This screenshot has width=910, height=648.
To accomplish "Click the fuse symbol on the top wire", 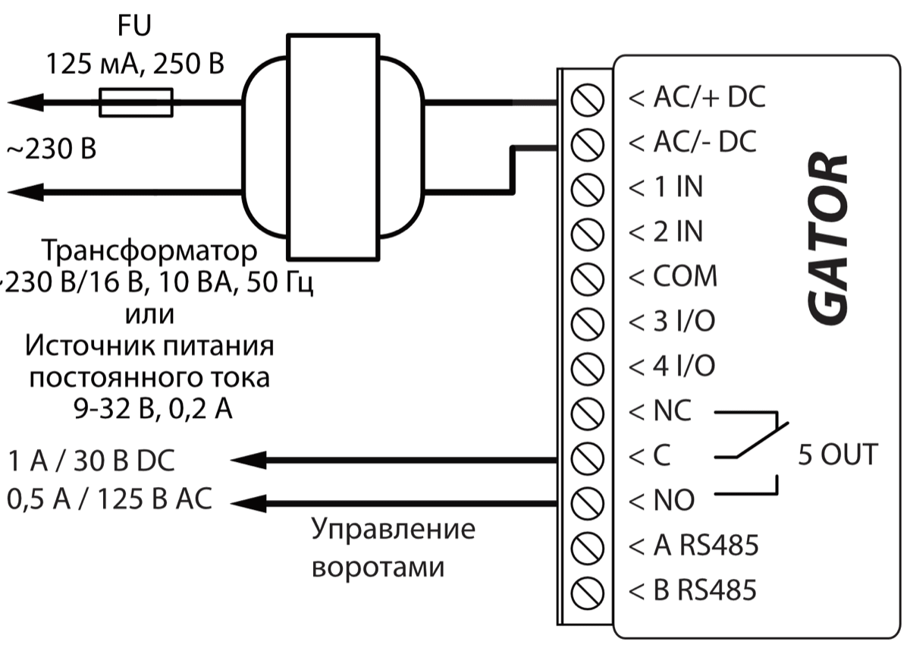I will [x=136, y=102].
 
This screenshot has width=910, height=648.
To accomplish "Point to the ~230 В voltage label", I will [x=52, y=149].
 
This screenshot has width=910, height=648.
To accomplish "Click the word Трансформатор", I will [x=150, y=250].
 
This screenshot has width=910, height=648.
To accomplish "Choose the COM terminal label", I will [x=673, y=276].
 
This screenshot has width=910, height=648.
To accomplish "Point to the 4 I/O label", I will [x=673, y=366].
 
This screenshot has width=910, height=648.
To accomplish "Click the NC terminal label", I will [x=661, y=412].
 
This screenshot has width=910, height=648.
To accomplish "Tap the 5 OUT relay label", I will [x=837, y=455].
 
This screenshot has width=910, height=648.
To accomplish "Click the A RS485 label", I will [x=694, y=545].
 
